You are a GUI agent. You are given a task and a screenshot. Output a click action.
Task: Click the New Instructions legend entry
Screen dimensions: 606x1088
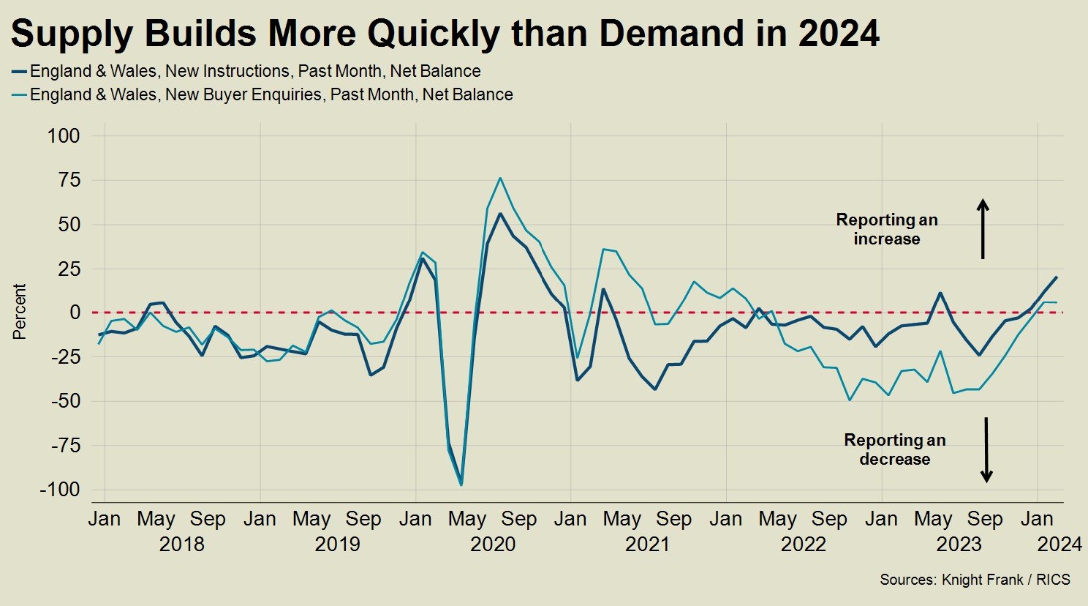[x=254, y=71]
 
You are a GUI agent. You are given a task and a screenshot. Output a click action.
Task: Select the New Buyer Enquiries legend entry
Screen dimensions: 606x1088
[x=271, y=94]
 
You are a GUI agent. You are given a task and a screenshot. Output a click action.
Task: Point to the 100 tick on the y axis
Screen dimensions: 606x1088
[x=64, y=135]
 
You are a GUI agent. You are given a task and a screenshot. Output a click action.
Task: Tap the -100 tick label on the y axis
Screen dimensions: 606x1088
[x=60, y=490]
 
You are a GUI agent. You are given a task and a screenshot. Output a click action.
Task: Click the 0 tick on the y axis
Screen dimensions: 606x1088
[x=75, y=313]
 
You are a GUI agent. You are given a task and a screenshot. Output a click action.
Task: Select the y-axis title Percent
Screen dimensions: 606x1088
[x=20, y=312]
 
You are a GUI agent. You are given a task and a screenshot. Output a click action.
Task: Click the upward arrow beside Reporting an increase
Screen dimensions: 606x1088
[x=983, y=228]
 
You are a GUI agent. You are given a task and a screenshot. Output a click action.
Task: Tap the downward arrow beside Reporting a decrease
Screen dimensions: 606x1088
[x=986, y=449]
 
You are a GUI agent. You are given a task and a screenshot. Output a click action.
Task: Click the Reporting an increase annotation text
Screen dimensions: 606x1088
[x=887, y=229]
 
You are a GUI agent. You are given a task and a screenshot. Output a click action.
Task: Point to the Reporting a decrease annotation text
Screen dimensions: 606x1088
[x=895, y=449]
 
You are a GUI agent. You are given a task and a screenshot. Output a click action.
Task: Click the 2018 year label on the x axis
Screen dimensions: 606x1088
[x=181, y=545]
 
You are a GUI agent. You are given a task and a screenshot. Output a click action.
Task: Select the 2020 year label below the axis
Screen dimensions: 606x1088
[x=493, y=545]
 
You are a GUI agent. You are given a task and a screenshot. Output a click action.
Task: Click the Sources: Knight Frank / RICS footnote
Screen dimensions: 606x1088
[x=975, y=580]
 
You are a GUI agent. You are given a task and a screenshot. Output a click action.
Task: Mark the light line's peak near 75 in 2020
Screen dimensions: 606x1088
[x=500, y=178]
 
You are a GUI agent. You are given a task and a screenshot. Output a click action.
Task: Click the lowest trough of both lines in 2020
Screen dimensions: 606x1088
[x=461, y=484]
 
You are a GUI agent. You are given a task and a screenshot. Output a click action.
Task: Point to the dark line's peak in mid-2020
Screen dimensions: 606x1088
[x=500, y=214]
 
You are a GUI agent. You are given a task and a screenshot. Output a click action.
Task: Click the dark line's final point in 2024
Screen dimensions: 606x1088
[x=1056, y=277]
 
